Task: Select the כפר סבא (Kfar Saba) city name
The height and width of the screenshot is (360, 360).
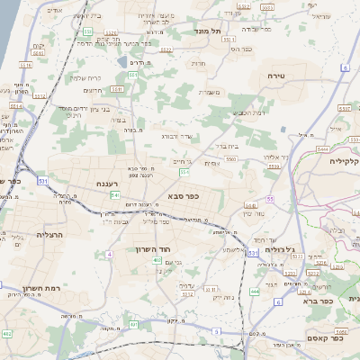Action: (x=183, y=193)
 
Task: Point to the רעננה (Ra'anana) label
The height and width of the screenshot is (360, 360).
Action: (x=109, y=184)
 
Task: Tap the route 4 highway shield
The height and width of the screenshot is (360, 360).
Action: (x=110, y=255)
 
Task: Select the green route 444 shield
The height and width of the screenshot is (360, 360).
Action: (x=255, y=292)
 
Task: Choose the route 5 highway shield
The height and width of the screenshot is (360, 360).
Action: (x=279, y=302)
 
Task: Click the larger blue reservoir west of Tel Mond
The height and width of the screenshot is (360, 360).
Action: (x=121, y=62)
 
